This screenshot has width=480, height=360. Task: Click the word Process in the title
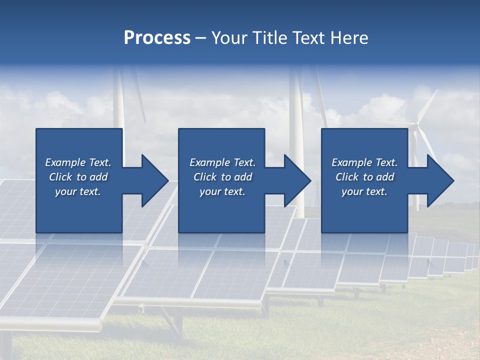[x=157, y=38]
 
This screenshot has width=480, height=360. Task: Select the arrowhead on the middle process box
[x=294, y=180]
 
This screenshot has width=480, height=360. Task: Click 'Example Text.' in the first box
[x=78, y=162]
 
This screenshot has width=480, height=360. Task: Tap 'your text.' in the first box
[x=78, y=191]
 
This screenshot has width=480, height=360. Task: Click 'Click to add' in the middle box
[x=222, y=177]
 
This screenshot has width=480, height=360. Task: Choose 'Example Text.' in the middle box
[x=222, y=162]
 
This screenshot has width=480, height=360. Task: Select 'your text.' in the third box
[x=364, y=191]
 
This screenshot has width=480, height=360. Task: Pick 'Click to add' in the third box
[x=364, y=177]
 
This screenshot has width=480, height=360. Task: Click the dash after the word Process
[x=200, y=38]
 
